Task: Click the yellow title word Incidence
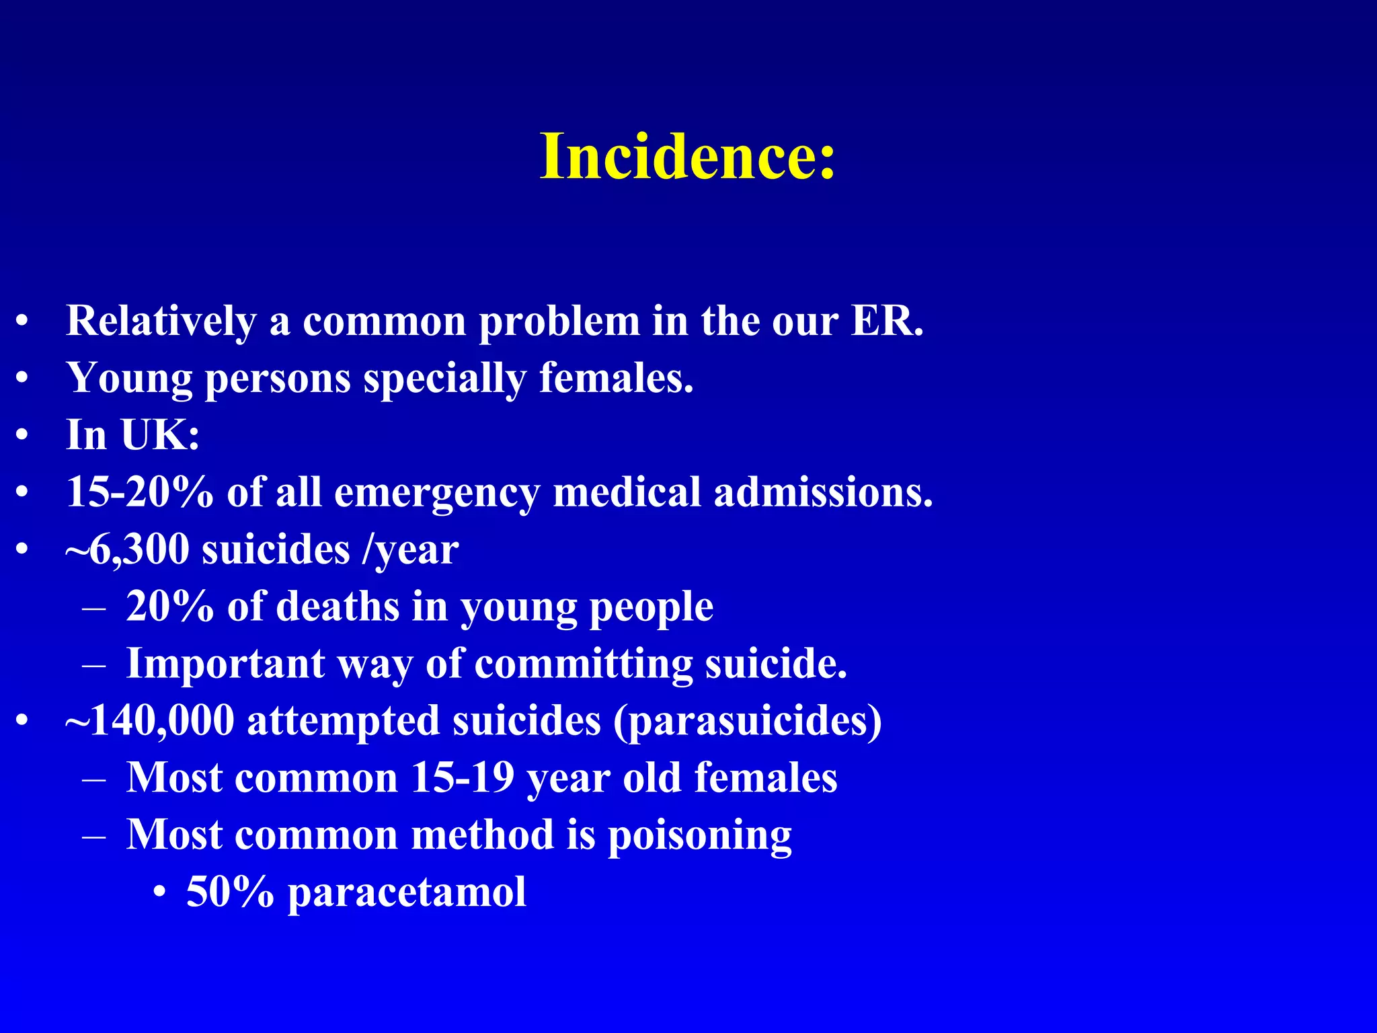pos(687,157)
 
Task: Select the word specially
pos(444,378)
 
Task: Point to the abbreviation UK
pos(160,435)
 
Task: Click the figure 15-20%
pos(140,492)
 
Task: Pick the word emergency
pos(436,492)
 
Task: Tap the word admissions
pos(823,492)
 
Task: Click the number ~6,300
pos(128,549)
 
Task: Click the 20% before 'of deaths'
pos(169,607)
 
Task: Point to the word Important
pos(226,664)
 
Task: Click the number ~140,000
pos(150,721)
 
